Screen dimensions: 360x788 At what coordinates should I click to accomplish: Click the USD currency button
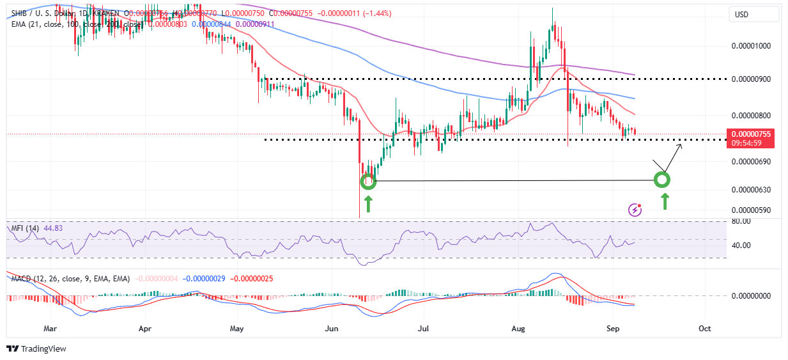point(742,15)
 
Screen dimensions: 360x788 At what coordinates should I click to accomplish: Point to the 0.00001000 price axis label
point(752,45)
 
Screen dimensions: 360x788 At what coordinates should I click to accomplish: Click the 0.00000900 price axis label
point(752,79)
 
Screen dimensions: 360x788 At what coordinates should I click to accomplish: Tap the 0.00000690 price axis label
point(752,162)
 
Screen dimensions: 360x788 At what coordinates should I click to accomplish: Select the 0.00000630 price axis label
point(752,190)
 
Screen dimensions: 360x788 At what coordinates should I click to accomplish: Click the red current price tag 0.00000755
point(752,134)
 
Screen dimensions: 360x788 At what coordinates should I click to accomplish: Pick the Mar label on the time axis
point(50,328)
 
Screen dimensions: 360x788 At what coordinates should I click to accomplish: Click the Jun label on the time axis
point(332,328)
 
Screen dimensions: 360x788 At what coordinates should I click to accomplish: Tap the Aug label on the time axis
point(518,328)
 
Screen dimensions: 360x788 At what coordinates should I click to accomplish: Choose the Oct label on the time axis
point(704,328)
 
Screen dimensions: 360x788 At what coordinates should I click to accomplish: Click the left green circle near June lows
point(368,182)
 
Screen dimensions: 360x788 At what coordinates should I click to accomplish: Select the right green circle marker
point(663,180)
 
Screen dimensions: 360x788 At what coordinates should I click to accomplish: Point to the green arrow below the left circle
point(368,205)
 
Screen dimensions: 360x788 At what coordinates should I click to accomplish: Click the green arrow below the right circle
point(665,202)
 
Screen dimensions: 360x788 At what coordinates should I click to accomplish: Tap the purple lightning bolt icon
point(635,210)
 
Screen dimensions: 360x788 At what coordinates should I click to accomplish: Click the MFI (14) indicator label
point(24,228)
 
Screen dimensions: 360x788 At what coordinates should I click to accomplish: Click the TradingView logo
point(36,349)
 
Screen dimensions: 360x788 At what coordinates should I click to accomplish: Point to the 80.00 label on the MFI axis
point(742,221)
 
